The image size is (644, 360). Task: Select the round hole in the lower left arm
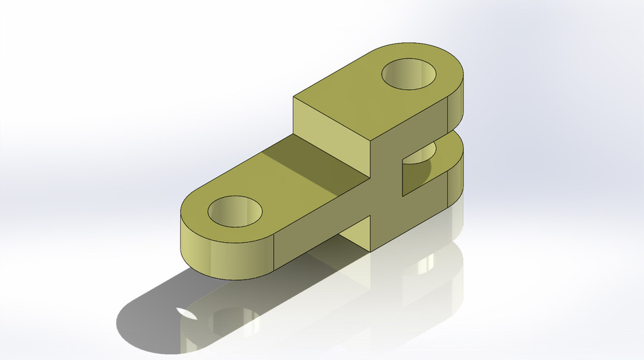[235, 211]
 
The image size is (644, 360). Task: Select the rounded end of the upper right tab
[456, 101]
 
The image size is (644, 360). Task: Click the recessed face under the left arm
[356, 235]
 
